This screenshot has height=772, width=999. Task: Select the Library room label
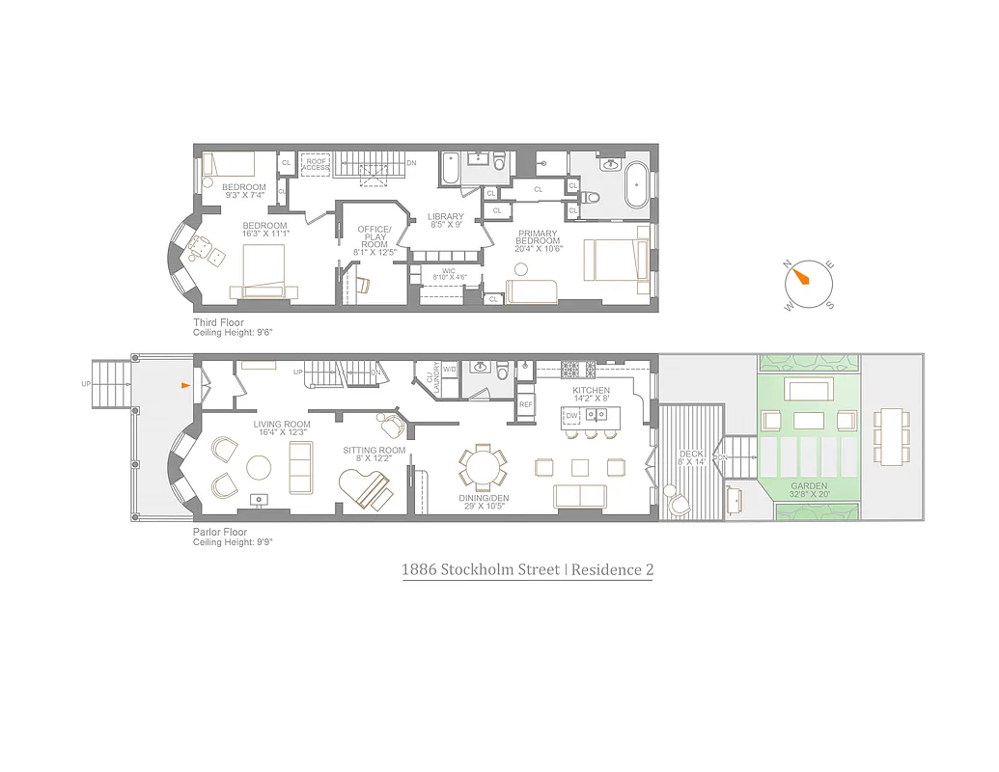(x=446, y=220)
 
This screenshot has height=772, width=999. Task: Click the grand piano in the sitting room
(x=366, y=489)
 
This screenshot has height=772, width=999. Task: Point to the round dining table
(x=480, y=468)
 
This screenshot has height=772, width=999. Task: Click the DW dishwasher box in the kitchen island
(x=571, y=416)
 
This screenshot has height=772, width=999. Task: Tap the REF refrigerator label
(x=526, y=404)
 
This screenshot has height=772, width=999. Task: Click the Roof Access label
(x=316, y=164)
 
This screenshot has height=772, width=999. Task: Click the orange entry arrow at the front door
(x=186, y=385)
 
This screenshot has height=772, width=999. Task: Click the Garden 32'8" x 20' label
(x=809, y=489)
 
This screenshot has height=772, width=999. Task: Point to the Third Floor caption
(x=218, y=322)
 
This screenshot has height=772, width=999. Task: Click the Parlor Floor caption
(x=220, y=532)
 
